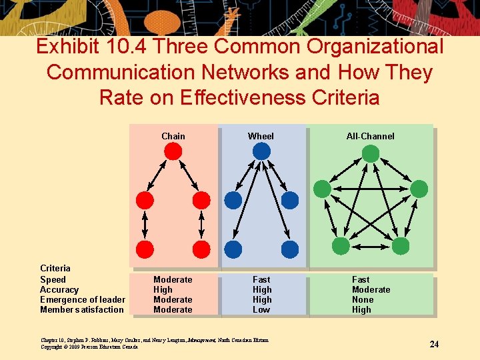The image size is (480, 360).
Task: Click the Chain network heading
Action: point(173,136)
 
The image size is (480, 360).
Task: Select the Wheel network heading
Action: point(261,136)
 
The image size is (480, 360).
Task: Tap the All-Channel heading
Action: point(370,136)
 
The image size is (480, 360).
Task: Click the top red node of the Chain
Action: point(173,151)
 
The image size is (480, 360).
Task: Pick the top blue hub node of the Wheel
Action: point(261,151)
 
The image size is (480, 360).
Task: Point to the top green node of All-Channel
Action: point(370,154)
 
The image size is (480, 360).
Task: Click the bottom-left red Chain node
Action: point(145,249)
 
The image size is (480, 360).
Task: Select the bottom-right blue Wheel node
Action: point(290,249)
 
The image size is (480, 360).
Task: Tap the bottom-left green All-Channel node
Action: point(341,246)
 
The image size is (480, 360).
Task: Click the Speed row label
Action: point(53,280)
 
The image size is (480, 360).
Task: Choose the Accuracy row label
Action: point(59,290)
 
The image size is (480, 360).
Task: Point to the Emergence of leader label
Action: point(82,300)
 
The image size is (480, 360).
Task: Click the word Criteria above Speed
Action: point(55,269)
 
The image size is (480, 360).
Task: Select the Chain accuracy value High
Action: point(163,290)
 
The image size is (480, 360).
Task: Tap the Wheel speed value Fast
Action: point(261,280)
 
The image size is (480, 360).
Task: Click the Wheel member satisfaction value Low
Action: point(261,310)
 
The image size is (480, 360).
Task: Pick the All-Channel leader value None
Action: point(363,300)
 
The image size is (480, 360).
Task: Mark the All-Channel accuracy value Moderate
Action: point(371,290)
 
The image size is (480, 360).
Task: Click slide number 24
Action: point(434,344)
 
